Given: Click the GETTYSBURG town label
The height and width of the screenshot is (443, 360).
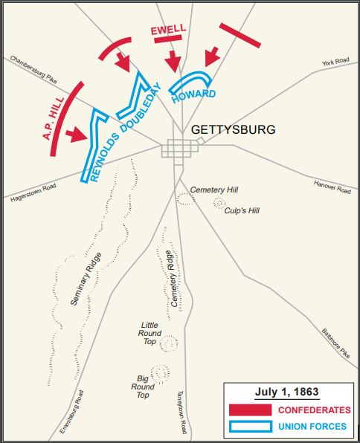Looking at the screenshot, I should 233,129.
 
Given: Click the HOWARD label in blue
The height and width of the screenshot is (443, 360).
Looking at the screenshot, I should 193,94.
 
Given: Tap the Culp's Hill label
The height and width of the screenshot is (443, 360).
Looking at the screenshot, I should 242,210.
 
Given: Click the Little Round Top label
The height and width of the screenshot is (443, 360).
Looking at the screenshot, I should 150,334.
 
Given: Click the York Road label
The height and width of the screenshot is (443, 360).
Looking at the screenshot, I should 335,64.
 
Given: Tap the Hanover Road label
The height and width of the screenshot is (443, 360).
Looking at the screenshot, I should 332,188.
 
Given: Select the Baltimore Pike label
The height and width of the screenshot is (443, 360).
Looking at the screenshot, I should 335,343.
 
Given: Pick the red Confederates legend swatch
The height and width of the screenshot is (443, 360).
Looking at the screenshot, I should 251,410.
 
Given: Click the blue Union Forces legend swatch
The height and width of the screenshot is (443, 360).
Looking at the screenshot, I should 251,426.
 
